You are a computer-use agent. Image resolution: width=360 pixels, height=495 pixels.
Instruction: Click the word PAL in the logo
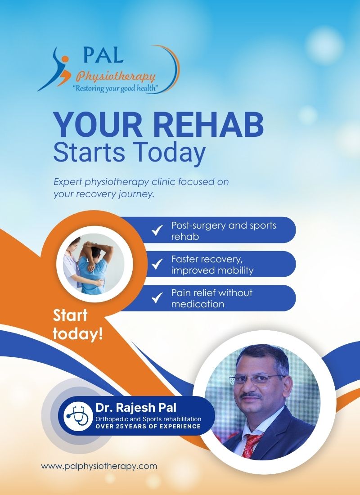click(103, 55)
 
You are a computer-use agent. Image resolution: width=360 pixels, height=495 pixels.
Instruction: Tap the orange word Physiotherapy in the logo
click(116, 76)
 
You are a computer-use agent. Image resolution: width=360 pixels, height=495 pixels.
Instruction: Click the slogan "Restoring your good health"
click(115, 88)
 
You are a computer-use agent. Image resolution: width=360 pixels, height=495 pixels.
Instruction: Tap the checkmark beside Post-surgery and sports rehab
click(157, 230)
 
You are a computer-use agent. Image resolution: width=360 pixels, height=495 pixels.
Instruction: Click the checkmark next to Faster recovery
click(157, 264)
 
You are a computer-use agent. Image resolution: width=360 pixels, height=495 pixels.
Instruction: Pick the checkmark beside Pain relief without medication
click(157, 298)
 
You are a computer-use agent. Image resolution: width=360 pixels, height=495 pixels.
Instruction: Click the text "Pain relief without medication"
click(211, 298)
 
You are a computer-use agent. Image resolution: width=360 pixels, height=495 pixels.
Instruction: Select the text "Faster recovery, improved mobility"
click(212, 265)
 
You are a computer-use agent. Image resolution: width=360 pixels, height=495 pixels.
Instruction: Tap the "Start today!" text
click(78, 324)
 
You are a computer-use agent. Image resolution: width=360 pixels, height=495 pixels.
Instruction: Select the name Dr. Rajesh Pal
click(136, 408)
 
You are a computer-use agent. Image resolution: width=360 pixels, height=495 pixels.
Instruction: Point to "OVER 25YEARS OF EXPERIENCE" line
click(148, 427)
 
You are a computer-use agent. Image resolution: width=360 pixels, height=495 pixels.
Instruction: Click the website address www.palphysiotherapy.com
click(99, 466)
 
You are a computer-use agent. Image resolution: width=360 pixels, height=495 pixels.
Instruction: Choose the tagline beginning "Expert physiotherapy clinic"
click(141, 188)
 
